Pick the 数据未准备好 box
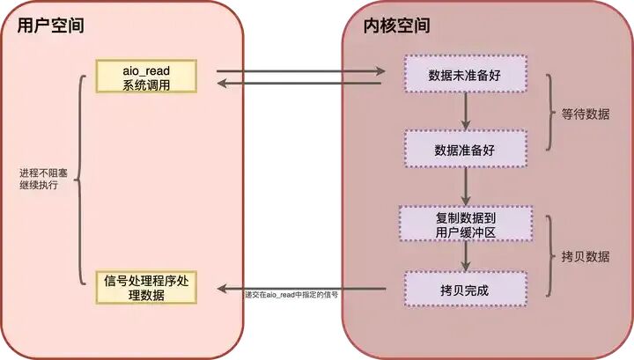pos(465,73)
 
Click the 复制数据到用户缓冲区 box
pos(465,224)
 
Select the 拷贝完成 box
pos(465,289)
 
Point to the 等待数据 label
pos(583,114)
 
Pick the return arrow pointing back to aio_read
pos(299,84)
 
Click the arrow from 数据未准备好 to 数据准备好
pos(465,110)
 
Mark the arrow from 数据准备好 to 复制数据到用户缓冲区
pos(465,186)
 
